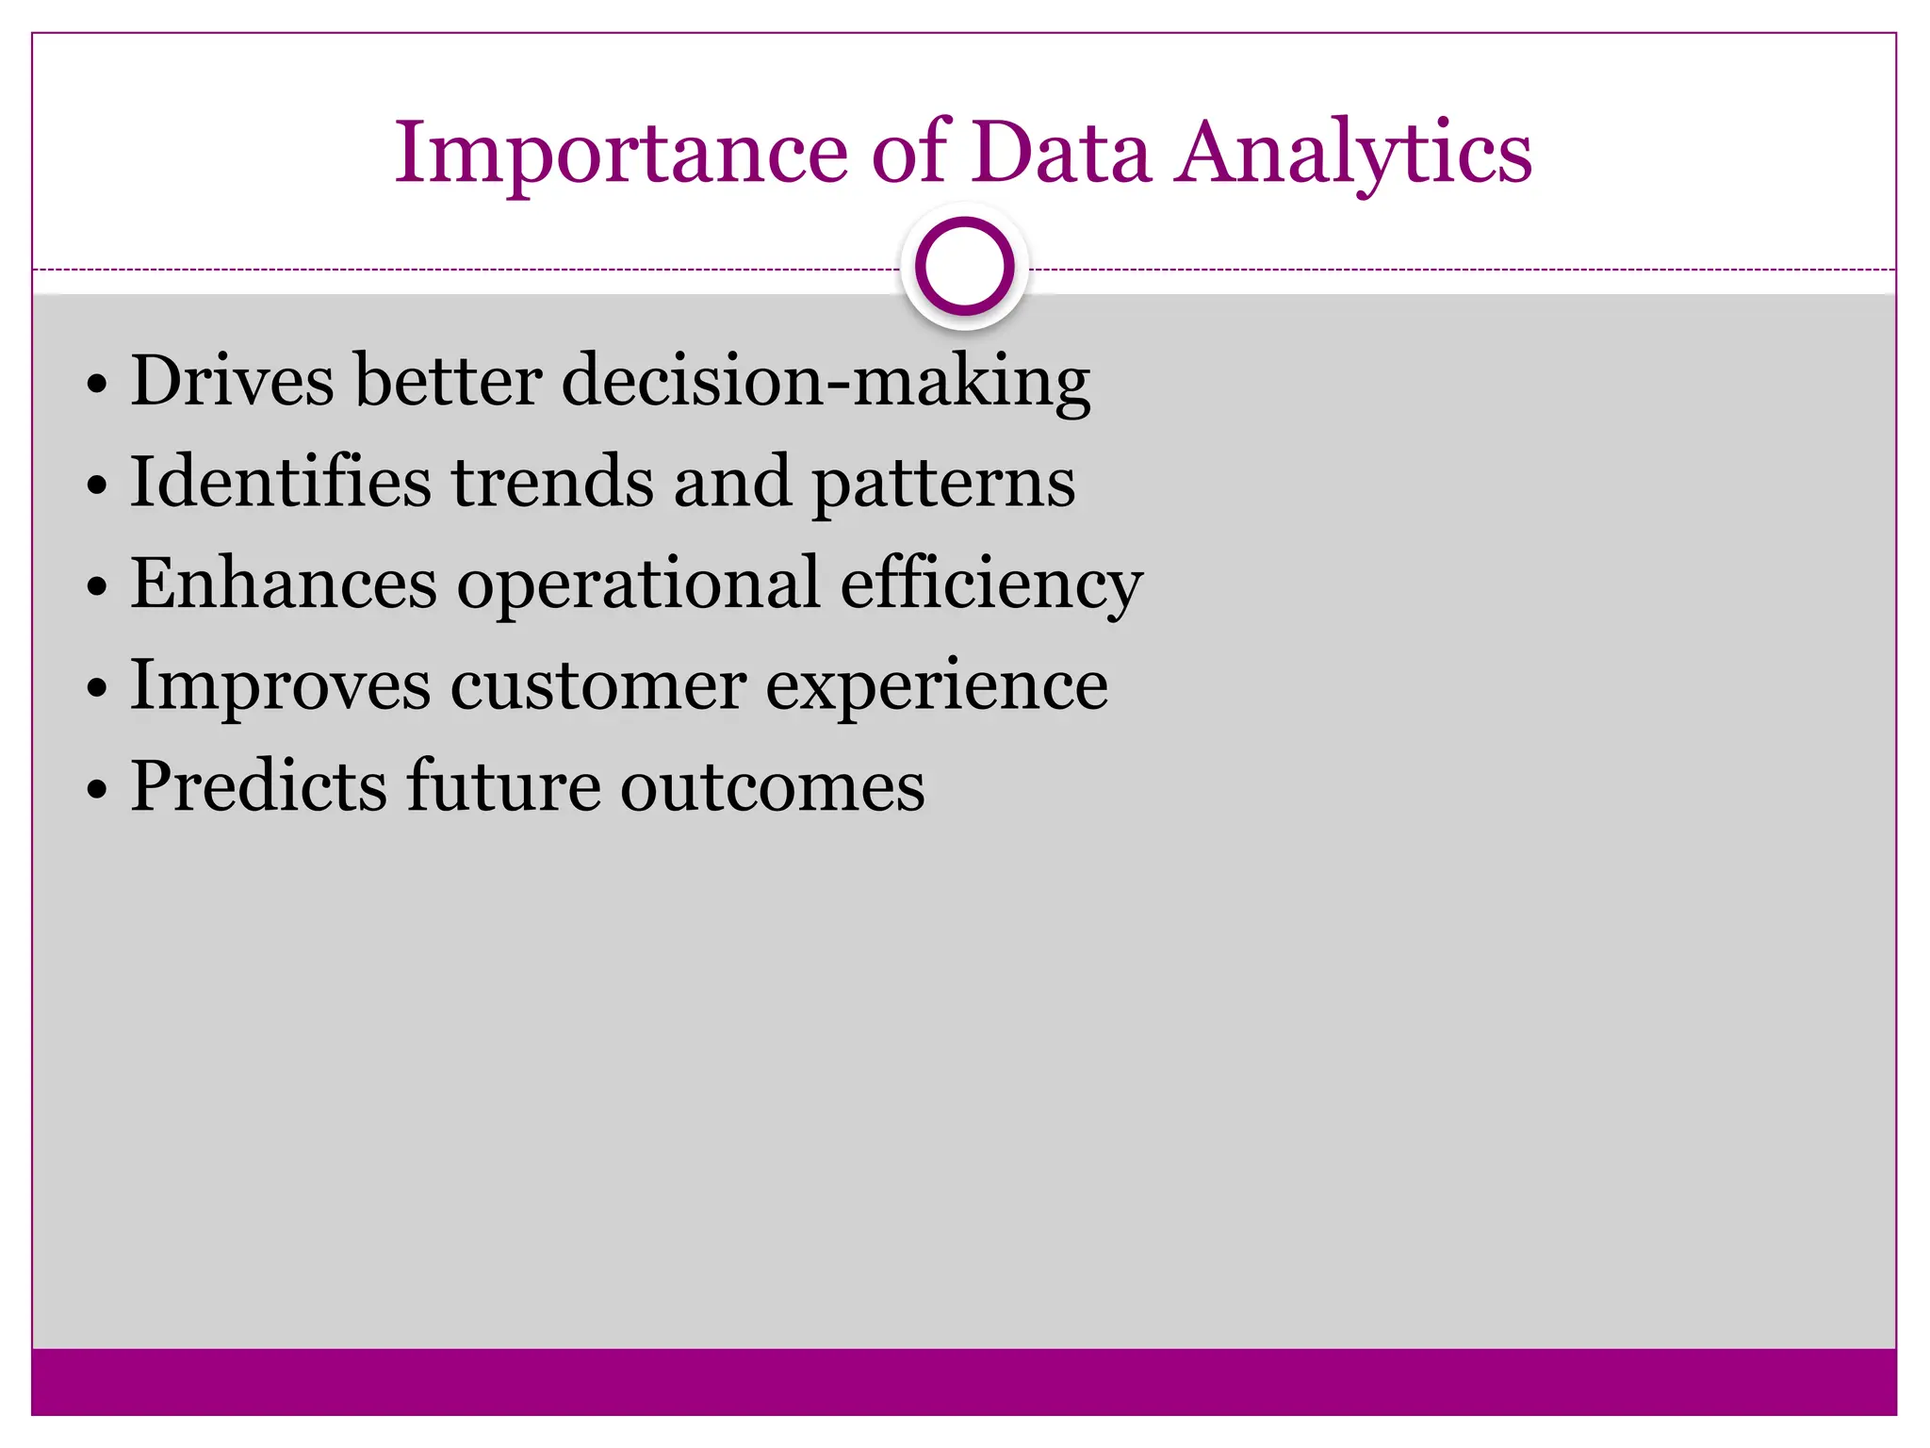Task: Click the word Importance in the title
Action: [x=622, y=154]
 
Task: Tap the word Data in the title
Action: [x=1061, y=154]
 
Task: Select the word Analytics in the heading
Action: [x=1353, y=154]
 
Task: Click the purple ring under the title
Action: [x=964, y=266]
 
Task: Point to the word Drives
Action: [x=232, y=380]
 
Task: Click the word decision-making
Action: [x=826, y=382]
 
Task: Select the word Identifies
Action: [x=281, y=482]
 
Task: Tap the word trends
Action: [x=552, y=482]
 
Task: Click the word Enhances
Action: [x=284, y=584]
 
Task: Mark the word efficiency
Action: [x=991, y=585]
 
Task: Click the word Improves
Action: [x=280, y=687]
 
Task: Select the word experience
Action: [x=936, y=687]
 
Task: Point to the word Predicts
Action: [x=259, y=786]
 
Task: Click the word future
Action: [x=503, y=786]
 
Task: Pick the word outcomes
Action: [x=772, y=788]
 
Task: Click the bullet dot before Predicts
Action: [x=97, y=790]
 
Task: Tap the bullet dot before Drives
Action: [x=97, y=384]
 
